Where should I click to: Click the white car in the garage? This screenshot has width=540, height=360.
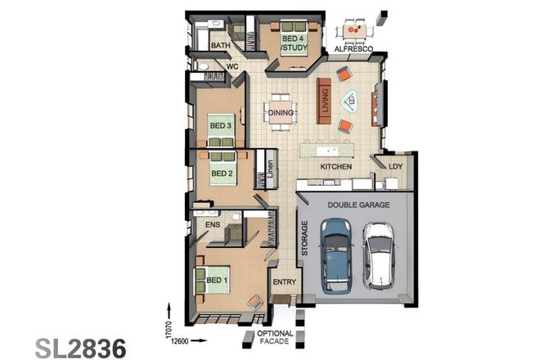380,254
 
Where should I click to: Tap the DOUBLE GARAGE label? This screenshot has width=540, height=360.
358,205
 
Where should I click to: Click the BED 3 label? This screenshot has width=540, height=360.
220,125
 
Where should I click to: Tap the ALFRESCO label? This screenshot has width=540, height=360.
353,50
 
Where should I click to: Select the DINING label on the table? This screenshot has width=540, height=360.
281,113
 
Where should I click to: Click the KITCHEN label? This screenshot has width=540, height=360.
335,166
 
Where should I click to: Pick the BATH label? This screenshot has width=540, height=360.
220,47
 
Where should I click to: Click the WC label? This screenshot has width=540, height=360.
232,66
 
